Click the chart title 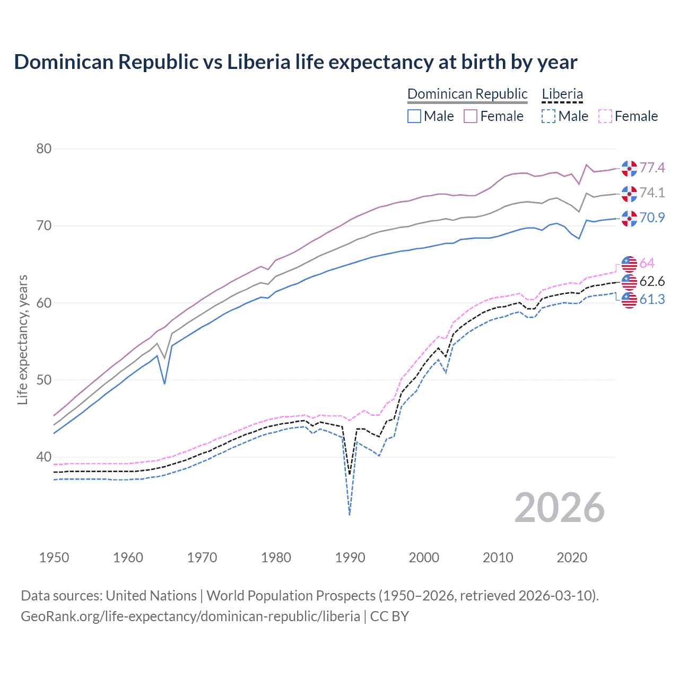pos(295,62)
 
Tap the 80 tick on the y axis pos(44,149)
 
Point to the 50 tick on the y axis pos(44,380)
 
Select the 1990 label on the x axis pos(350,558)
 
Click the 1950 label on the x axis pos(55,558)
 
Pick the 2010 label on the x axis pos(498,558)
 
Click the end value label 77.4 pos(652,168)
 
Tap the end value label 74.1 pos(652,193)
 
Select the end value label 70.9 pos(652,217)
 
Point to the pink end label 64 pos(647,264)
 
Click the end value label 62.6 pos(652,281)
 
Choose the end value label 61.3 pos(652,300)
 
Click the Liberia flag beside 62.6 pos(629,281)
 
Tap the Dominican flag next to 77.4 pos(629,168)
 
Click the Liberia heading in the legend pos(562,94)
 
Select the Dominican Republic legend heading pos(467,94)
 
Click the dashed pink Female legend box pos(605,116)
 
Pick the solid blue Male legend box pos(414,116)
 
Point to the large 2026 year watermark pos(560,508)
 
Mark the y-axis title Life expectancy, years pos(23,339)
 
